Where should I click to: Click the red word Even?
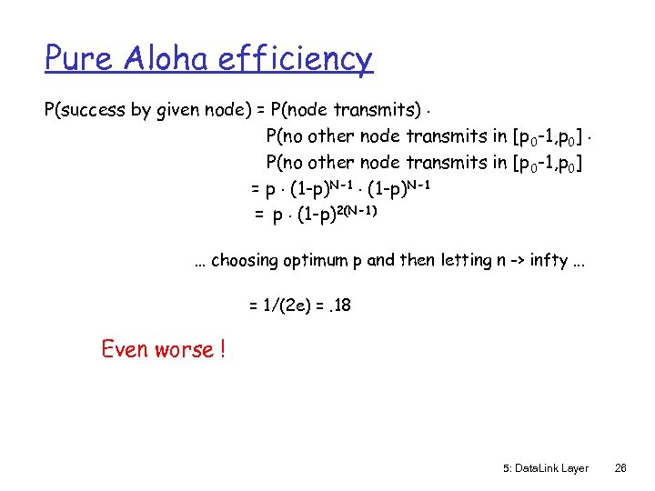126,349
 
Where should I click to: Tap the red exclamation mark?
221,349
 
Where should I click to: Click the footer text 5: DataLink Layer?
545,468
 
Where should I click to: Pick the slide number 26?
620,468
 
